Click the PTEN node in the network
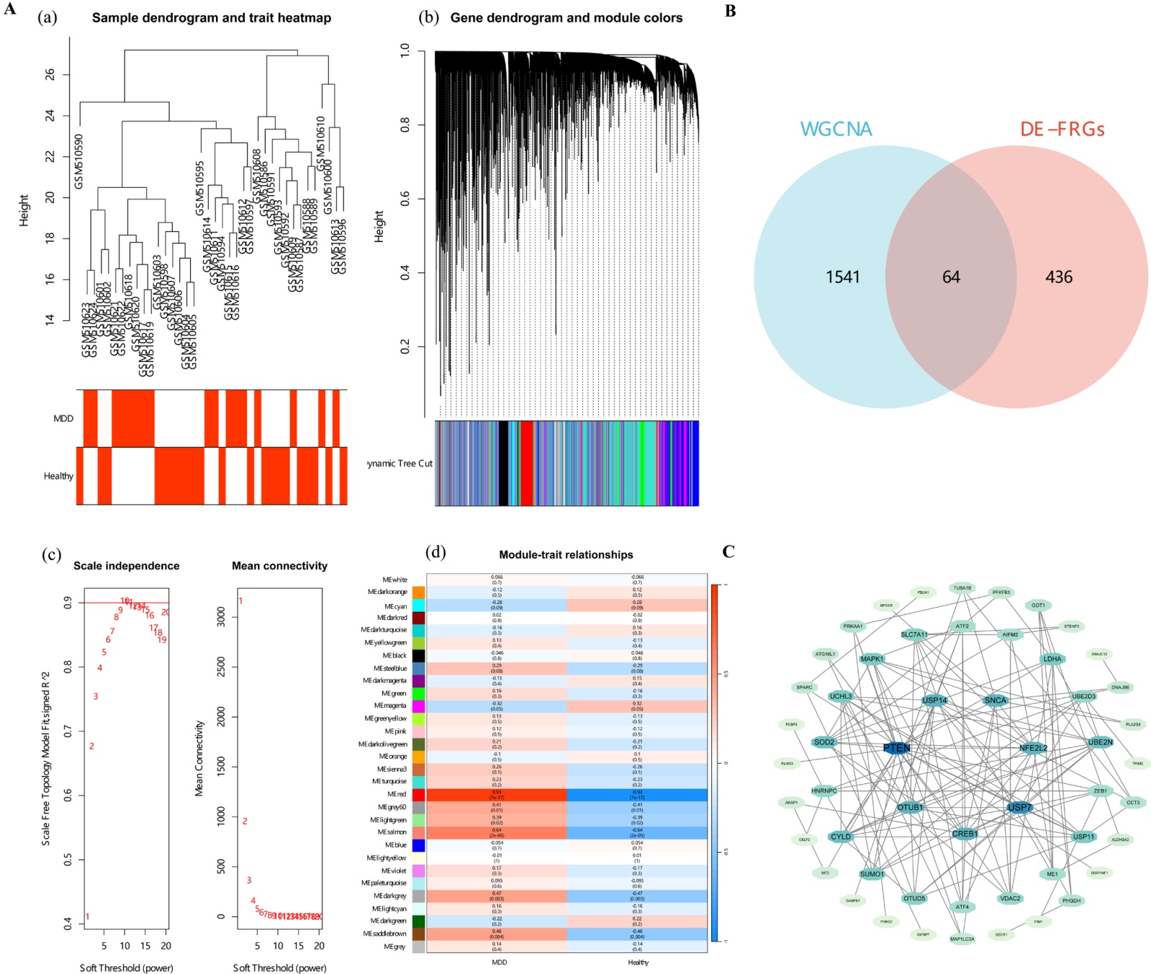896,747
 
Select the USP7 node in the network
1019,807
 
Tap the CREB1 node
965,834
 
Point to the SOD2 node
824,742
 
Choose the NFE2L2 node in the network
1033,748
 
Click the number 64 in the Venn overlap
951,277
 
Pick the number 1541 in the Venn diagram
843,277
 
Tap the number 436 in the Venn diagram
1058,277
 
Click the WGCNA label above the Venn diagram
836,130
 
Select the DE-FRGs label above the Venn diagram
1062,130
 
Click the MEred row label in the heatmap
397,795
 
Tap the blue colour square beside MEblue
418,845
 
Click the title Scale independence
127,566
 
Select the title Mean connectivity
279,566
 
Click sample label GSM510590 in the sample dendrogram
79,161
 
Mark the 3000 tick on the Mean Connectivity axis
220,616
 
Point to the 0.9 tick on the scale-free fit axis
68,603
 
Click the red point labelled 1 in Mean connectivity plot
240,601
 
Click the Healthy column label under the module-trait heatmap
638,962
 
